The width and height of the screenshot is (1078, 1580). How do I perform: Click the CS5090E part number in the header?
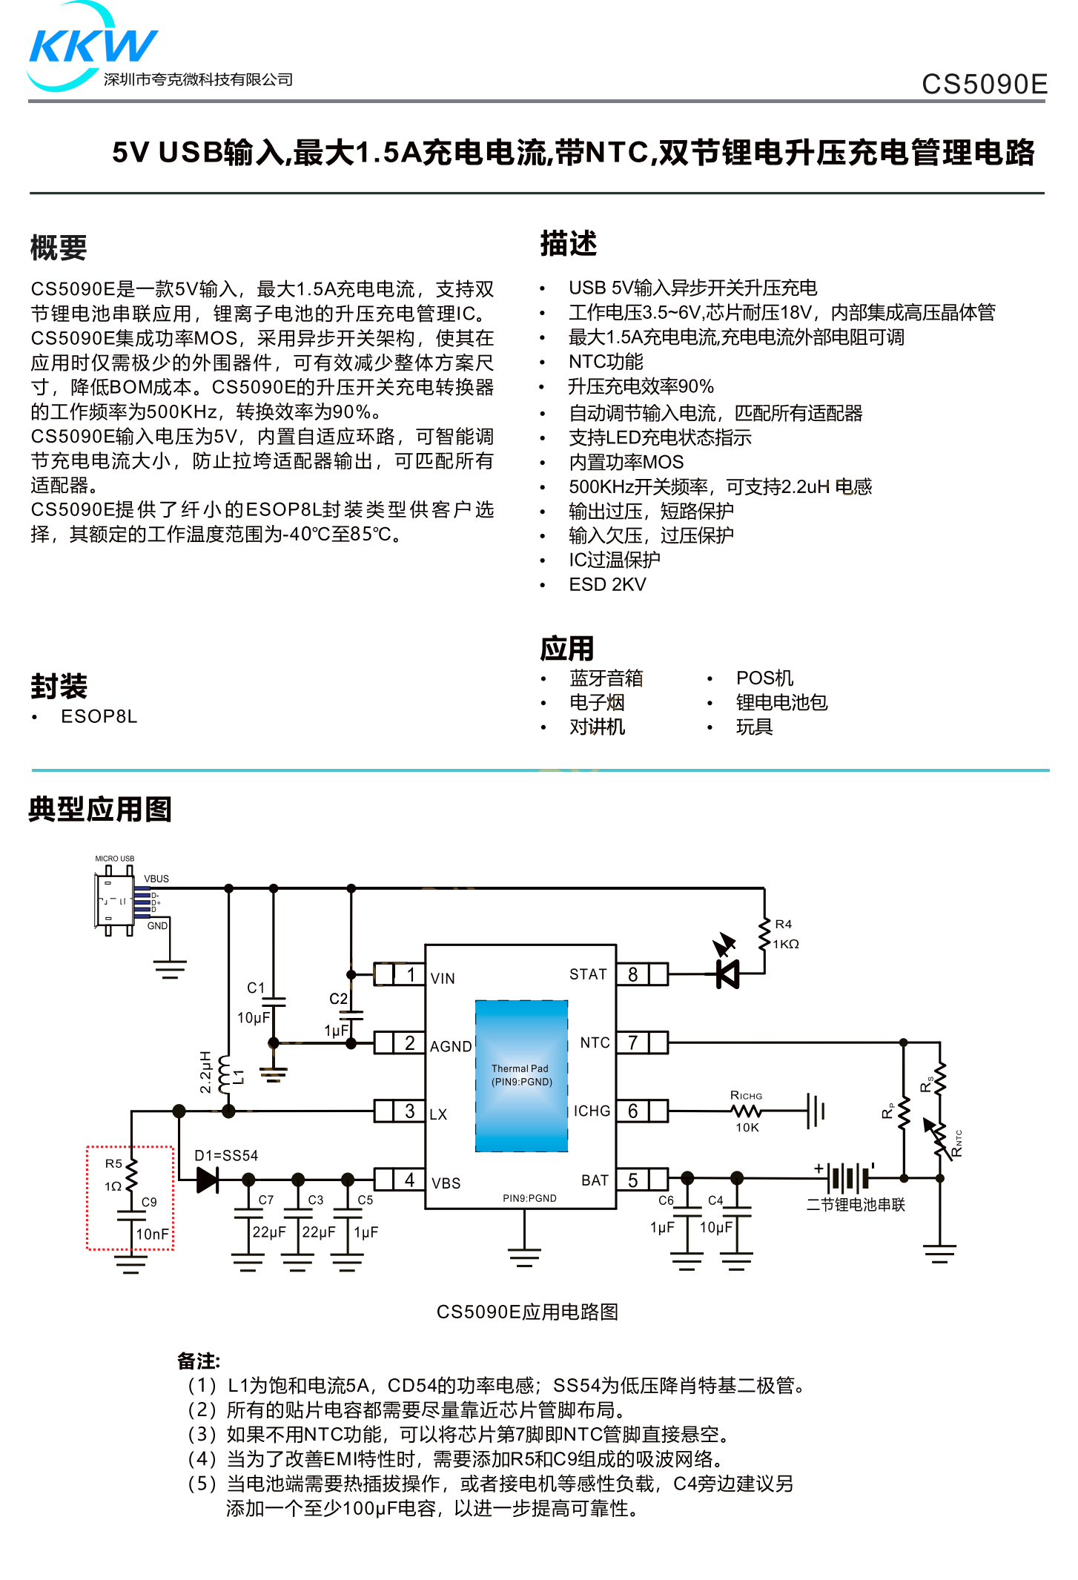983,85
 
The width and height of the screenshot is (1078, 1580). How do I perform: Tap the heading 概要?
59,248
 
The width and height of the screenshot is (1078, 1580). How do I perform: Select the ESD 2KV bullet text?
607,585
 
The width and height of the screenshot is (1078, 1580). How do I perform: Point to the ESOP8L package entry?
99,717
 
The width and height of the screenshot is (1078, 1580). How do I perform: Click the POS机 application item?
764,678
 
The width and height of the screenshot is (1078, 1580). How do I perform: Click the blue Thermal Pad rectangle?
521,1076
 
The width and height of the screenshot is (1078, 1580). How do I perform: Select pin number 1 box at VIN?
410,974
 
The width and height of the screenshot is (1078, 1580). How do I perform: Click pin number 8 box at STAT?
632,974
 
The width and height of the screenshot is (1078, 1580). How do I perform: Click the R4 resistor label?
783,925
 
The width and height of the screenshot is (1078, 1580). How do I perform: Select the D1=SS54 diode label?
226,1156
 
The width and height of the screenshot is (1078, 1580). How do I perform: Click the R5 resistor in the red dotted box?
131,1174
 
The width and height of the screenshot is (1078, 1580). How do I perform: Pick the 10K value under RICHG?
747,1128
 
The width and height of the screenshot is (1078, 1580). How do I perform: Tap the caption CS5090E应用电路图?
527,1312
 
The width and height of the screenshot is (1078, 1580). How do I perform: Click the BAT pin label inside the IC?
595,1180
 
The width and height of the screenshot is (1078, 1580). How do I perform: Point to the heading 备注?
199,1361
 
